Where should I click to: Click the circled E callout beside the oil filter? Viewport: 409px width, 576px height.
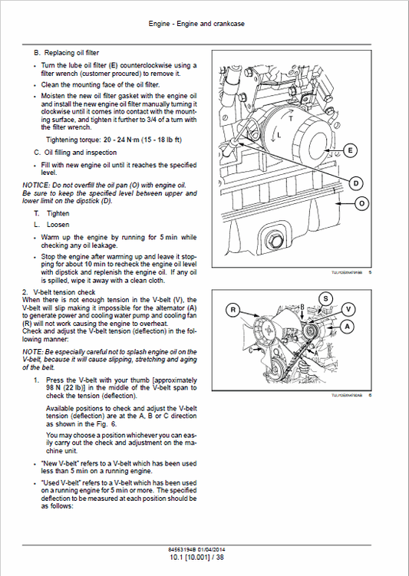[351, 150]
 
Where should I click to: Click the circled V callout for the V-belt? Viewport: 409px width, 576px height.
[349, 309]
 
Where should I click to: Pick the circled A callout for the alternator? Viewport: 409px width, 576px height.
[347, 326]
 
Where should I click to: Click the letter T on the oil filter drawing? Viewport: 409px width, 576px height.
[290, 120]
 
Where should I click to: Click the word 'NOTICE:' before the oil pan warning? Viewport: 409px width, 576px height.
[35, 185]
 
